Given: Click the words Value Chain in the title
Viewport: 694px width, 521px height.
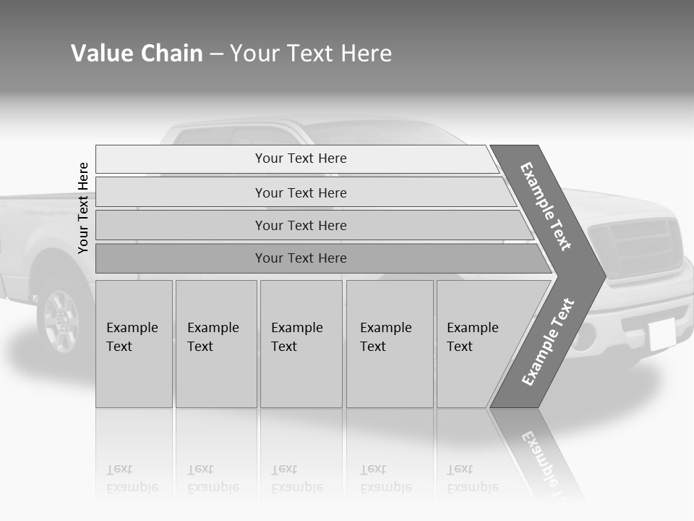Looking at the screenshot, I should (x=137, y=54).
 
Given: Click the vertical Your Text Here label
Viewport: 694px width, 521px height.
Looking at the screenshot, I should (x=83, y=208).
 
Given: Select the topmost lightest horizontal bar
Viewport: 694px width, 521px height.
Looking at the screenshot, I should (x=301, y=158).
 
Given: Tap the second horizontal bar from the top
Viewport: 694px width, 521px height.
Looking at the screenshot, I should (x=301, y=192).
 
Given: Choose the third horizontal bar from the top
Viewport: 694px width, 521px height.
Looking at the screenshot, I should (x=301, y=225).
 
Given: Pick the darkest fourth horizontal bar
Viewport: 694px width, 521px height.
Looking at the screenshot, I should (x=301, y=258).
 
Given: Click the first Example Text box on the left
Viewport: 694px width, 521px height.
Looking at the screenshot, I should (x=134, y=344).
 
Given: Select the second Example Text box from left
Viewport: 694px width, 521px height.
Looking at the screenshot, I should (x=215, y=344).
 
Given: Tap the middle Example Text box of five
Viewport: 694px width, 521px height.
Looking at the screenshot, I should (x=301, y=344).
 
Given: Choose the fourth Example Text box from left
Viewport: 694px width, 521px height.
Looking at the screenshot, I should (x=390, y=344).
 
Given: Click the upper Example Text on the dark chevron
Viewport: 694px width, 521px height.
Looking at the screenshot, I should (x=546, y=206).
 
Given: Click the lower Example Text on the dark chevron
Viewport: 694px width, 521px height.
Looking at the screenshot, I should (x=548, y=342).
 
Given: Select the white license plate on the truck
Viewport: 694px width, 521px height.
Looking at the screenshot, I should (x=661, y=334).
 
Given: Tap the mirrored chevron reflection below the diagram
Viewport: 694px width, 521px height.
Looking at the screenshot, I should (x=539, y=452).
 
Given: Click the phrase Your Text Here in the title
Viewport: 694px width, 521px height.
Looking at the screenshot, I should (x=311, y=54).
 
